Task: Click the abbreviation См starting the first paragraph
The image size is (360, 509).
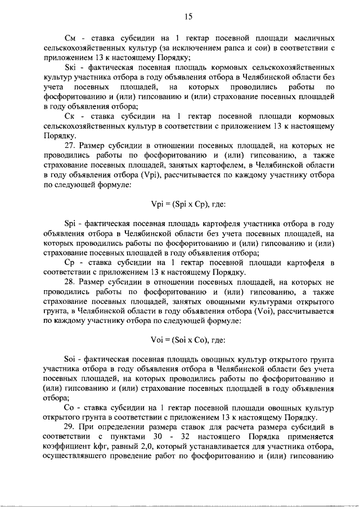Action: click(71, 39)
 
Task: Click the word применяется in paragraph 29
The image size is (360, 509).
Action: click(312, 438)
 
